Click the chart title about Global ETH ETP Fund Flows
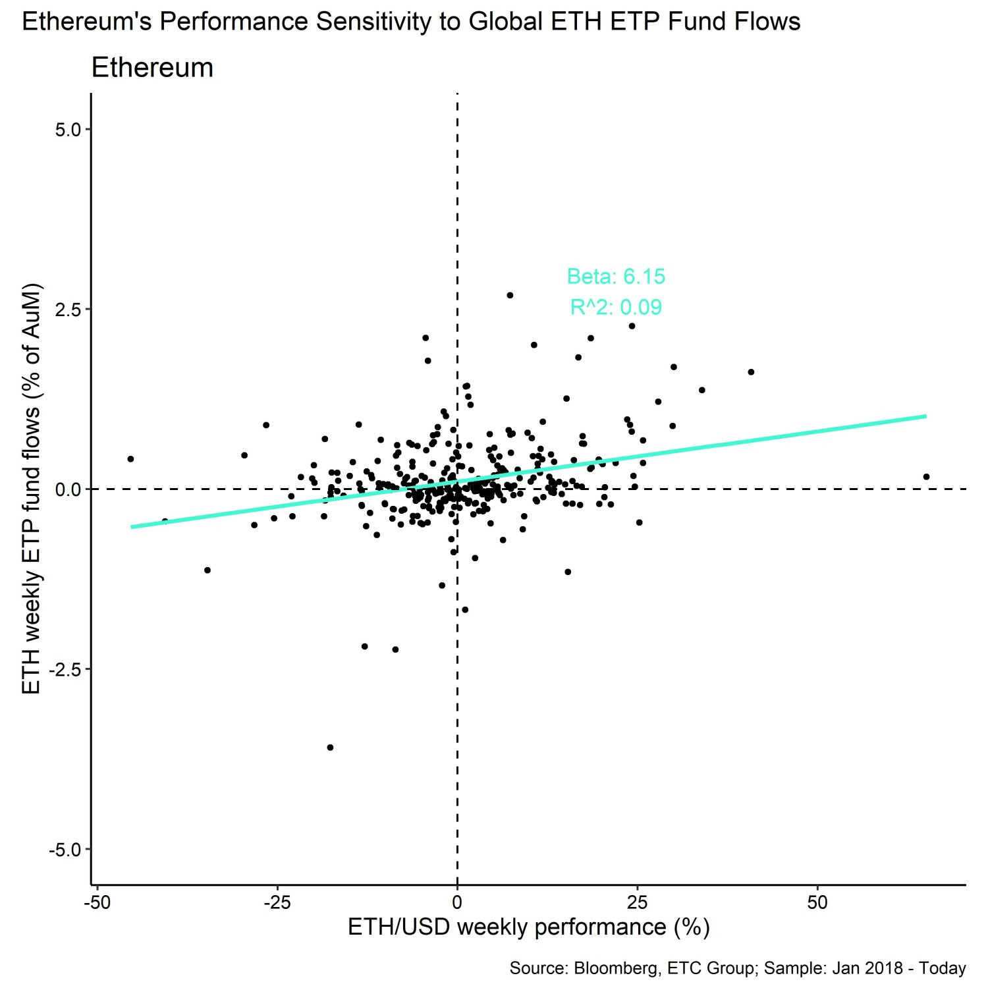click(411, 22)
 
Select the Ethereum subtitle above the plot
click(152, 68)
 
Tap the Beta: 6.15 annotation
click(616, 277)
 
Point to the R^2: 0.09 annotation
click(616, 308)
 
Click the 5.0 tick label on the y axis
click(68, 130)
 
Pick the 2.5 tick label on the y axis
click(68, 310)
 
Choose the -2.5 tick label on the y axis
click(65, 669)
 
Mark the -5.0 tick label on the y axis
click(65, 850)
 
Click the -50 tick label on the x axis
click(97, 902)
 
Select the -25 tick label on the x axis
click(277, 902)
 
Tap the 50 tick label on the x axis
click(817, 902)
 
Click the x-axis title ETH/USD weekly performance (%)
click(528, 927)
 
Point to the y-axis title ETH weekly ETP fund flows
click(32, 489)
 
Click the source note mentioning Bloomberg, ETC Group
click(737, 968)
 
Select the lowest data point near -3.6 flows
click(330, 748)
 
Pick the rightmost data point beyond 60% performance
click(926, 477)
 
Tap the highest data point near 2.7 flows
click(510, 296)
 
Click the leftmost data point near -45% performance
click(130, 459)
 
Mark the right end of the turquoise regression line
click(925, 416)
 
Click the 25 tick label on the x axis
click(637, 902)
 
